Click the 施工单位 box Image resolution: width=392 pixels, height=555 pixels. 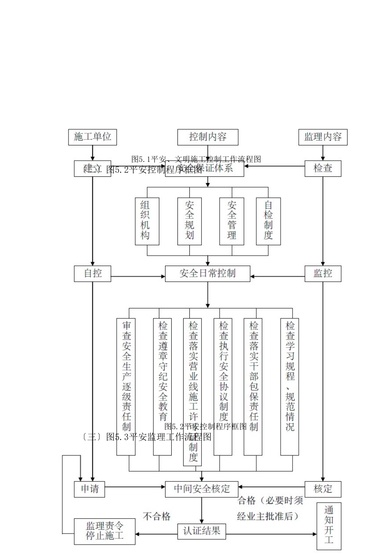(92, 137)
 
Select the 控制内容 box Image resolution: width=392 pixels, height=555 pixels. (208, 137)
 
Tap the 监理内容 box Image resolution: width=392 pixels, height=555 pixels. (323, 137)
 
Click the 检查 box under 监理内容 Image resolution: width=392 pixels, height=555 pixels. (323, 168)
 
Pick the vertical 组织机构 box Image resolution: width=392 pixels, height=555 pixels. (145, 221)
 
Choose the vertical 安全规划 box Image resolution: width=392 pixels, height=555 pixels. (189, 221)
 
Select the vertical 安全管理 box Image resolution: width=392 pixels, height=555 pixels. (231, 221)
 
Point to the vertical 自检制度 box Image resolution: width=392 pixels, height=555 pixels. (268, 221)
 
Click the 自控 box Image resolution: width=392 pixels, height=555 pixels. (92, 273)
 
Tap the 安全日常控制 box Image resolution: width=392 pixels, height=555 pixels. (208, 273)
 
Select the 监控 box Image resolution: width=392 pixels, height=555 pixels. (323, 273)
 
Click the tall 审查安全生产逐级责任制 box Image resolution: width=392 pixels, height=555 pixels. (126, 387)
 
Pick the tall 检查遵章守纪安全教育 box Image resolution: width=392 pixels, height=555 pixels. (163, 387)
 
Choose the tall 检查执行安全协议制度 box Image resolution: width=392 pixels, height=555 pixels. (223, 387)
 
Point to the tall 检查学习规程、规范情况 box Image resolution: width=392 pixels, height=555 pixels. (290, 387)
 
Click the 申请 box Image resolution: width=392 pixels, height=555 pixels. (90, 489)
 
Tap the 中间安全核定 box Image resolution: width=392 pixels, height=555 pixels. (202, 489)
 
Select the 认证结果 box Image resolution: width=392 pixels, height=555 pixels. (202, 531)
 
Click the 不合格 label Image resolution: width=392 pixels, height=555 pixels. (157, 516)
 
